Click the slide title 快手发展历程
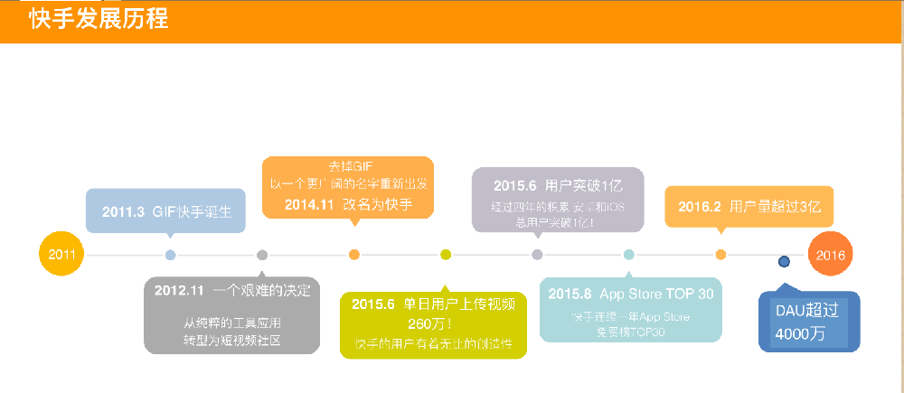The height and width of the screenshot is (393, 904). (99, 20)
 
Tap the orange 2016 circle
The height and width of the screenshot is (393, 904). (830, 255)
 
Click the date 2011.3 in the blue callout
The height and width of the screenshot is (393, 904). (123, 212)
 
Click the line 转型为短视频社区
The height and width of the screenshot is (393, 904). (232, 339)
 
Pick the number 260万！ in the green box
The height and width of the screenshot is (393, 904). (430, 323)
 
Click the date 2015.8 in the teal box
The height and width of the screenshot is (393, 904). (570, 294)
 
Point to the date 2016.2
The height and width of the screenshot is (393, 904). (699, 206)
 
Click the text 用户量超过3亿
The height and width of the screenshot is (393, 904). (775, 206)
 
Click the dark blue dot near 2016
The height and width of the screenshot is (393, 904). (784, 262)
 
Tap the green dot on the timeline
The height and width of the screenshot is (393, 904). (446, 255)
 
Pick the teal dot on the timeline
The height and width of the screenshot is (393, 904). (629, 255)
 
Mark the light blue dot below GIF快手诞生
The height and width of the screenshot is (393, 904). (171, 255)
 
